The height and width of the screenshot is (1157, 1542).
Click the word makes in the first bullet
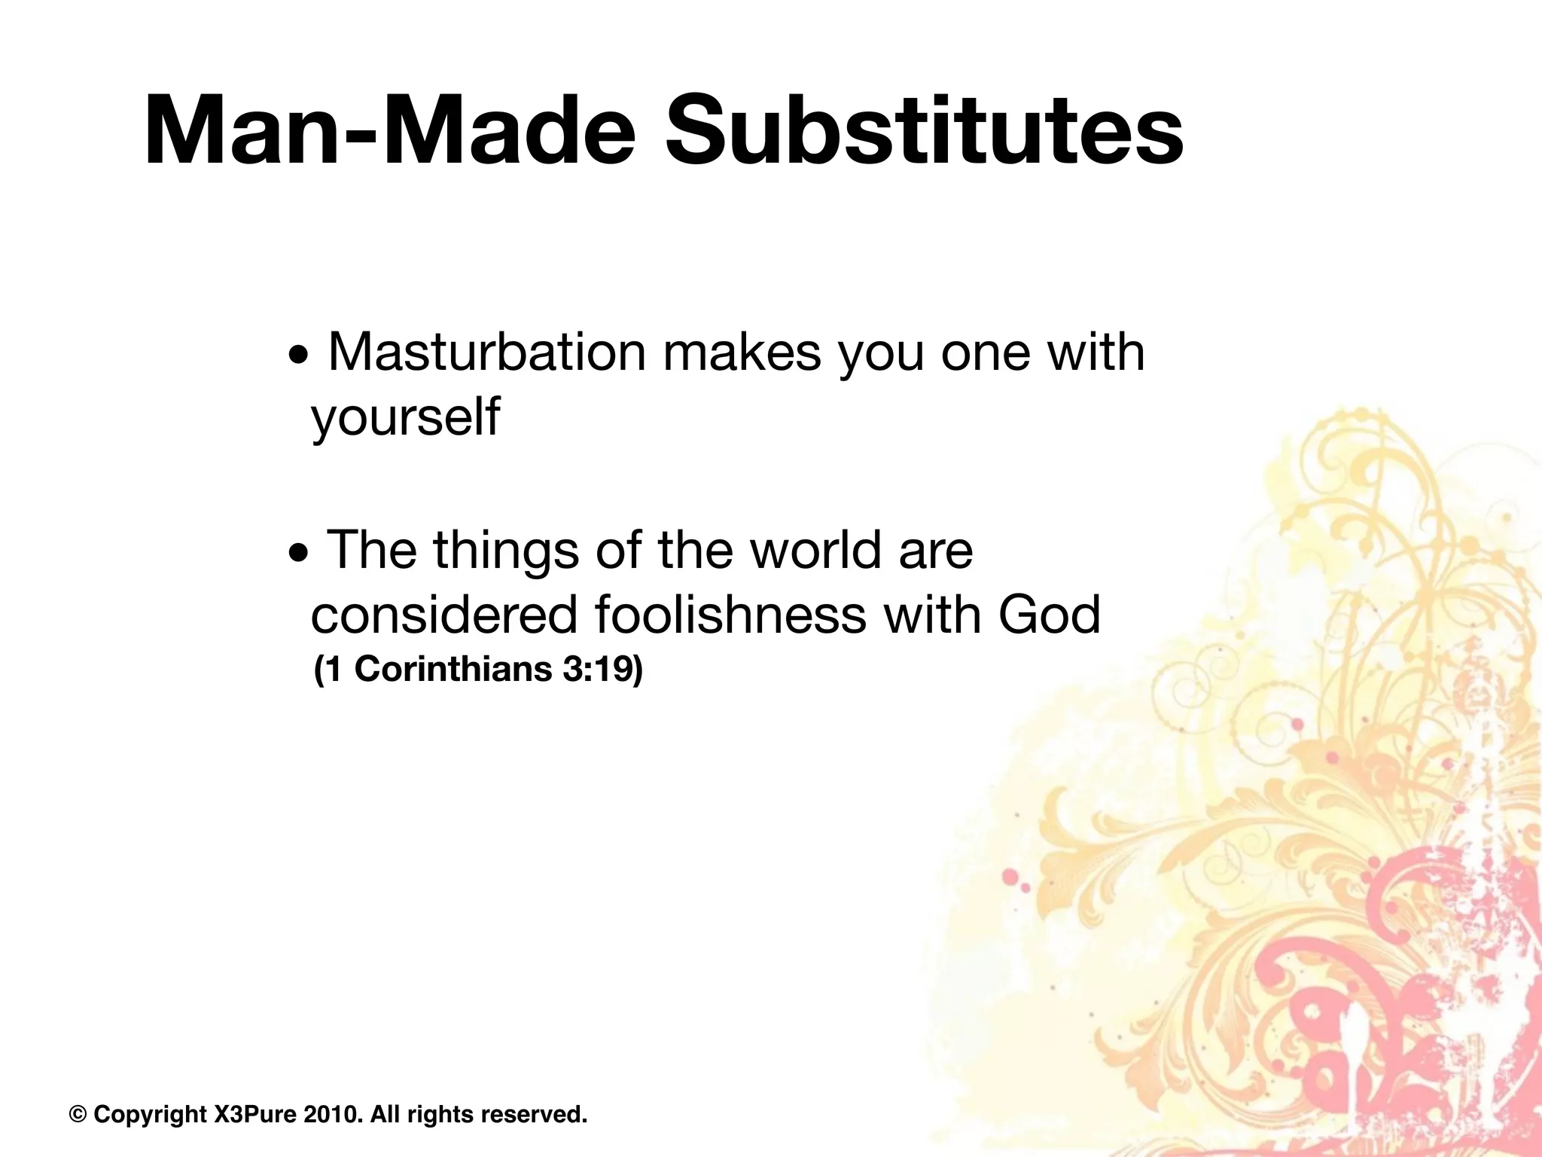coord(742,353)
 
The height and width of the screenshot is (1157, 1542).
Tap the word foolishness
coord(730,615)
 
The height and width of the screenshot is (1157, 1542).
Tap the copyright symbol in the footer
coord(78,1114)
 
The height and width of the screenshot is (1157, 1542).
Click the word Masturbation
coord(487,353)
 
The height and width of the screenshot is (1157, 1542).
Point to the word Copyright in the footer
coord(150,1114)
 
